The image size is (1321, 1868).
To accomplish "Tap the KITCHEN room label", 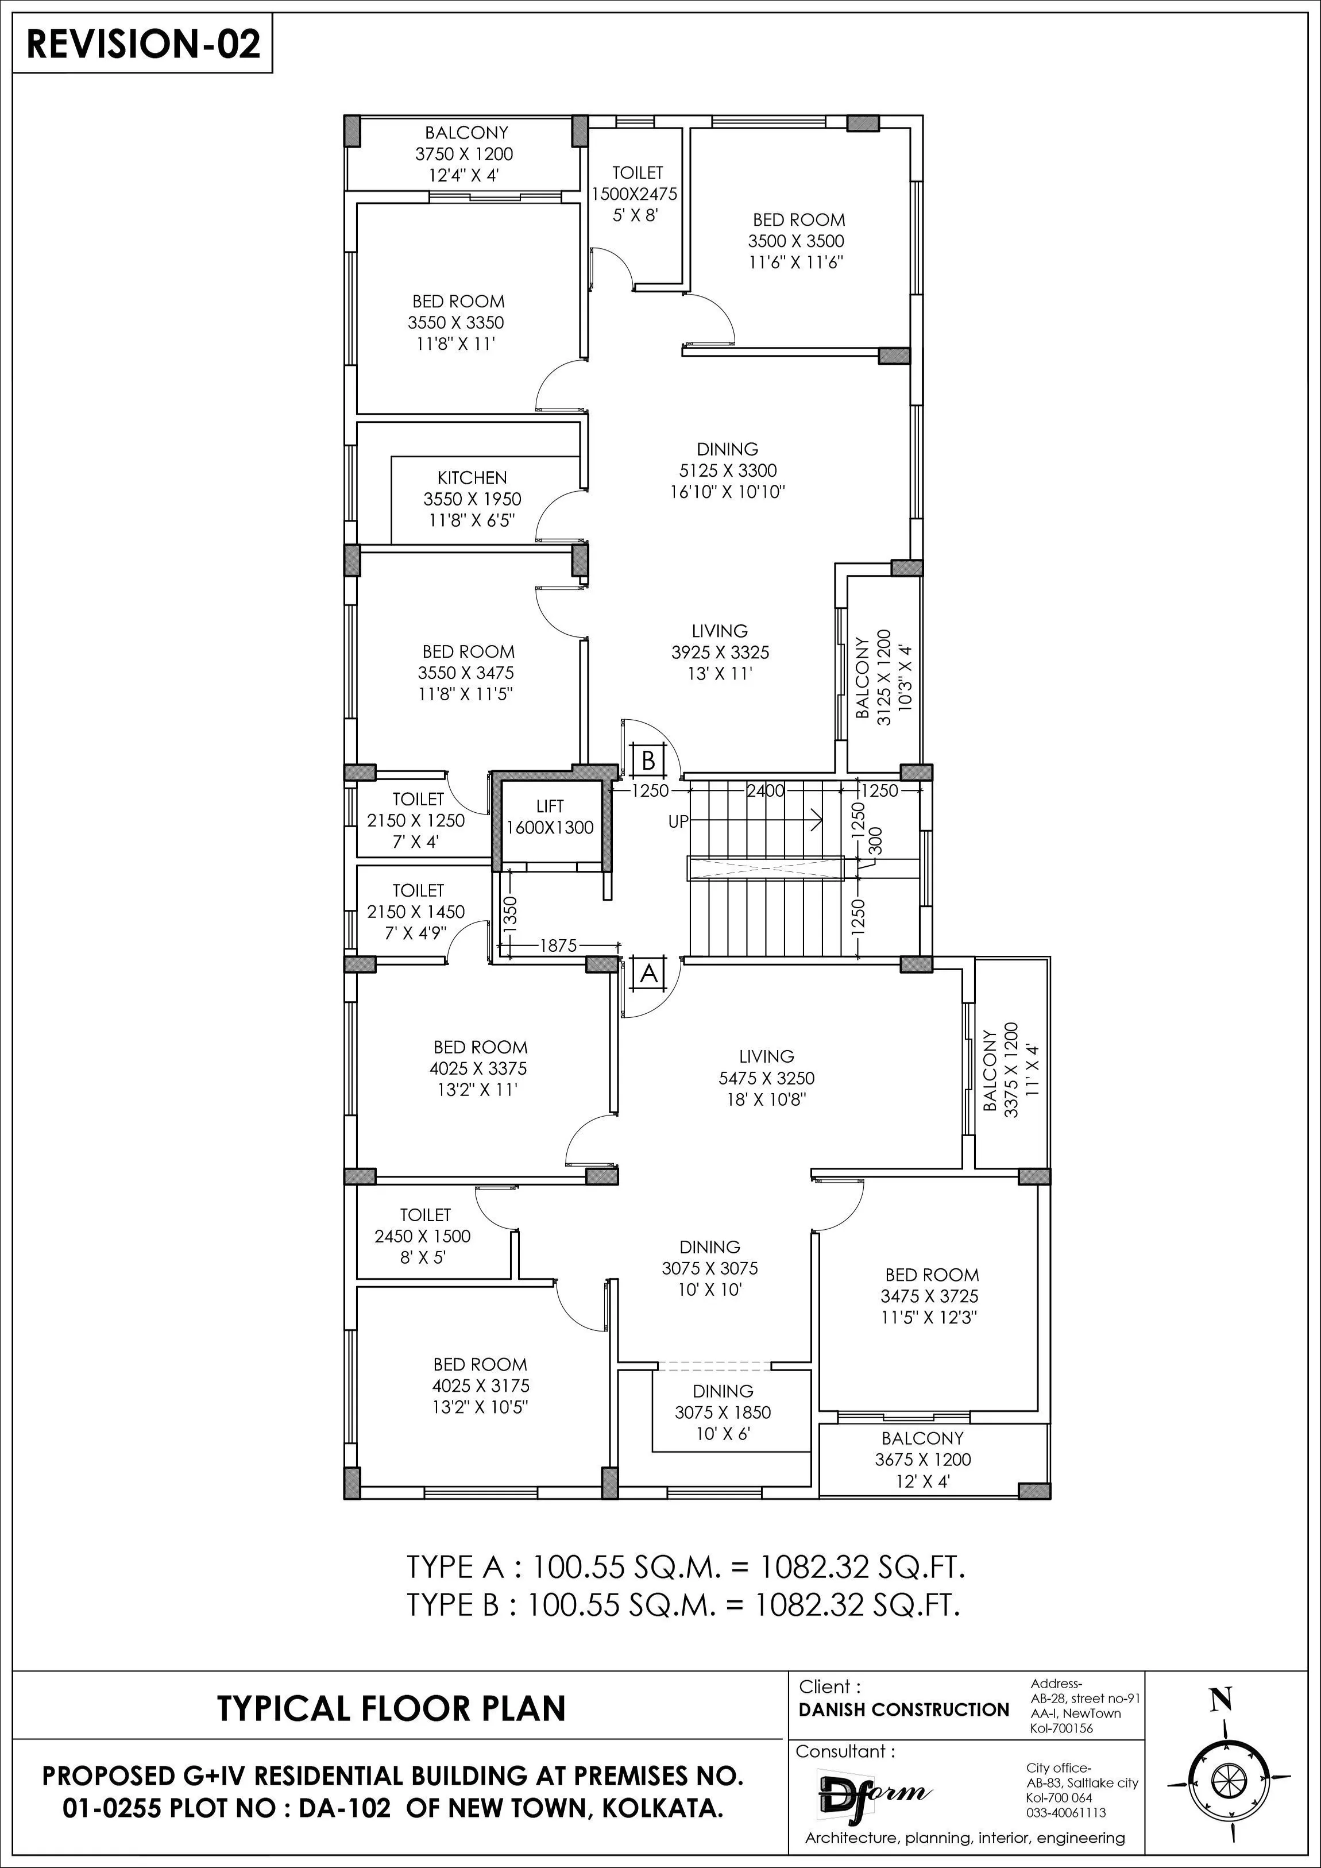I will (472, 499).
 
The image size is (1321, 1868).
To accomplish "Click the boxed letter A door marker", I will (648, 973).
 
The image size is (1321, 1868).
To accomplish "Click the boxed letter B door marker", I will (648, 761).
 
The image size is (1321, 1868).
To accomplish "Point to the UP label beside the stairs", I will (678, 822).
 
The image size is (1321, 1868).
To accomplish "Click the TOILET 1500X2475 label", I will (637, 194).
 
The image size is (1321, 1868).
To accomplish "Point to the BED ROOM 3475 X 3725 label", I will (932, 1296).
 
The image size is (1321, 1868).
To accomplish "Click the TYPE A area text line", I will (685, 1566).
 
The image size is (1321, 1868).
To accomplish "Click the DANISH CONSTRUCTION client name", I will (903, 1710).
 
